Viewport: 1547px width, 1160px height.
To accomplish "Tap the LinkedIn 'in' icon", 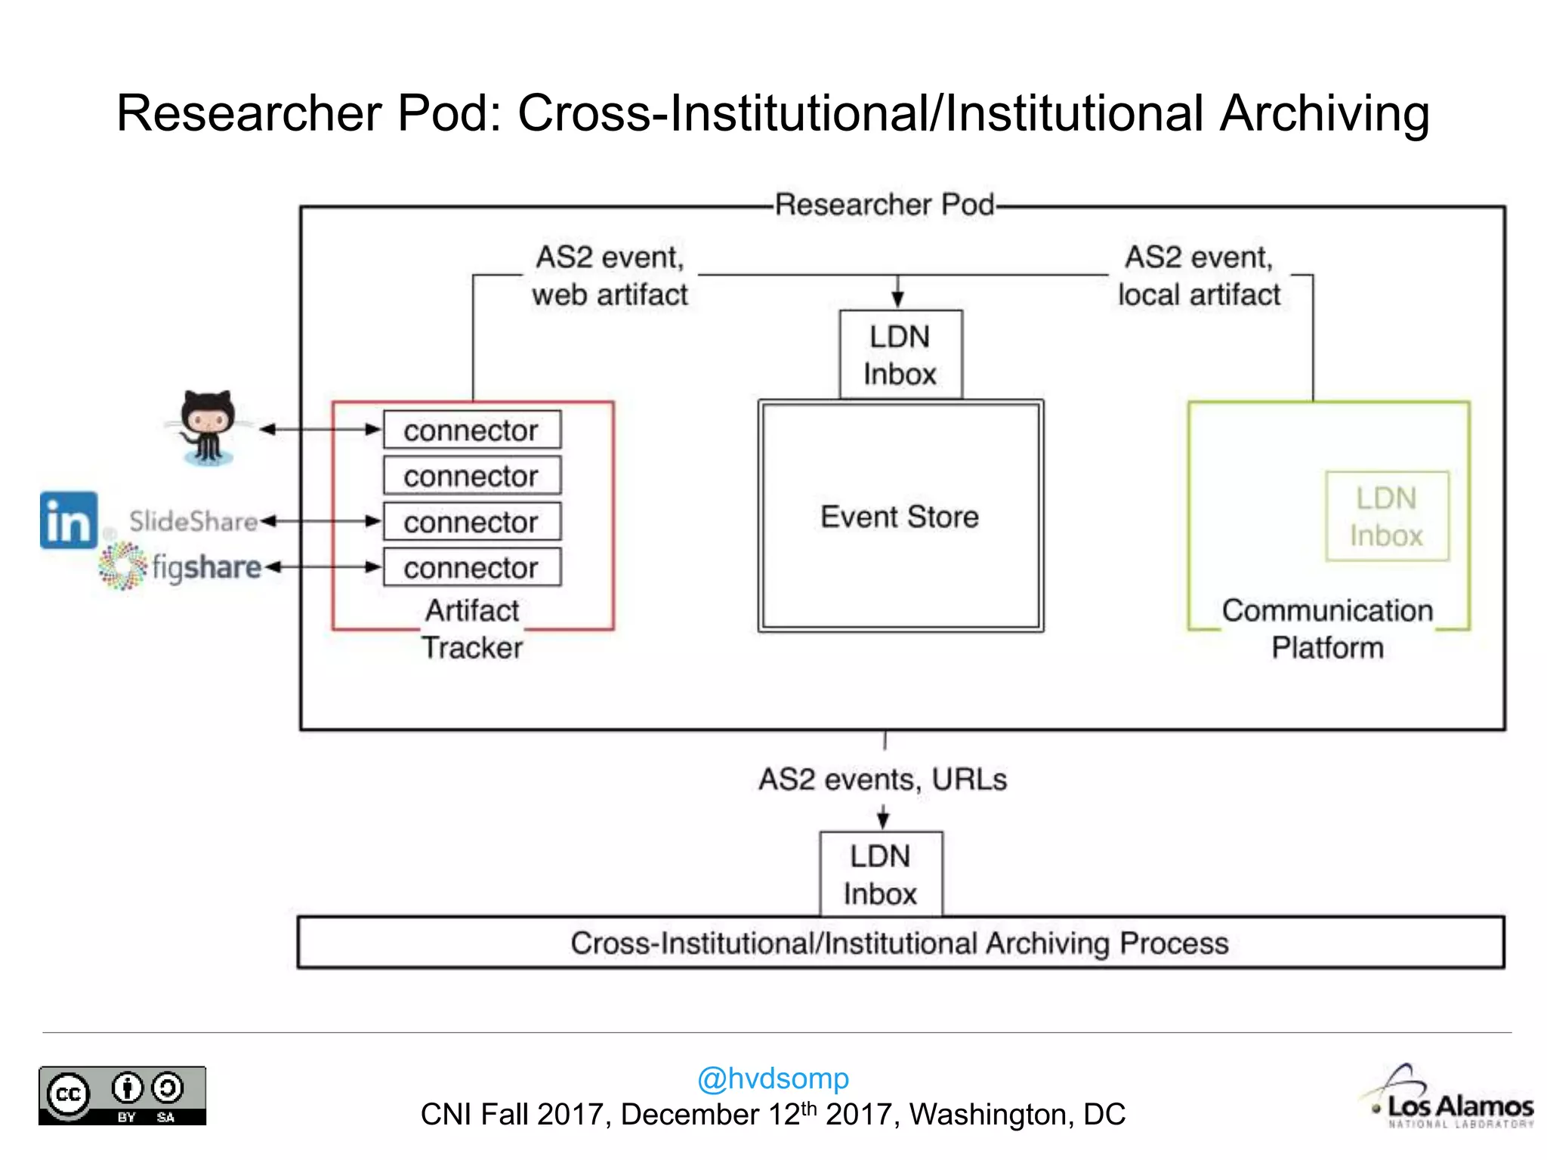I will (x=69, y=520).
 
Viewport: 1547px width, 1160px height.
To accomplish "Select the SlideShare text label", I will (x=193, y=521).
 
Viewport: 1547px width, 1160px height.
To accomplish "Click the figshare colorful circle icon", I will (x=122, y=566).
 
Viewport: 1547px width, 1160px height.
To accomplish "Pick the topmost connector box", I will (x=472, y=430).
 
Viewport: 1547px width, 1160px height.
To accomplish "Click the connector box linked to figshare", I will (x=472, y=567).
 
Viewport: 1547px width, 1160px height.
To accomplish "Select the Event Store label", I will (x=899, y=517).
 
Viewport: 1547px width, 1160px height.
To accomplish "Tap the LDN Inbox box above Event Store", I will (x=900, y=355).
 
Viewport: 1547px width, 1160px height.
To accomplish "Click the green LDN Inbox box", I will (x=1387, y=517).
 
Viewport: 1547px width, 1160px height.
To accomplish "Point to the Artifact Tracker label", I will (x=472, y=628).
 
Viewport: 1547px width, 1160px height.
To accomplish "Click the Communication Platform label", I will (x=1327, y=628).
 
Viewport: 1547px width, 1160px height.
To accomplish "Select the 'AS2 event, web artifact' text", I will (x=610, y=276).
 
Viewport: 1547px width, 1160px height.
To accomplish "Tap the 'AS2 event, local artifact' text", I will (x=1199, y=276).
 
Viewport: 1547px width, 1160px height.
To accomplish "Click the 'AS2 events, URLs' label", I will (x=882, y=779).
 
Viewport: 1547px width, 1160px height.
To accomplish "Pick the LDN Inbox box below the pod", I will (x=881, y=875).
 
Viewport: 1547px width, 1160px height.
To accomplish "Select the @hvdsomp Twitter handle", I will (x=773, y=1078).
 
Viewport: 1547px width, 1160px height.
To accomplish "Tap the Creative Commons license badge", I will (x=122, y=1096).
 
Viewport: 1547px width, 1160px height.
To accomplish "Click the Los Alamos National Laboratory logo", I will (x=1451, y=1100).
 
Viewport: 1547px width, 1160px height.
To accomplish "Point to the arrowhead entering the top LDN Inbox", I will (x=897, y=301).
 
